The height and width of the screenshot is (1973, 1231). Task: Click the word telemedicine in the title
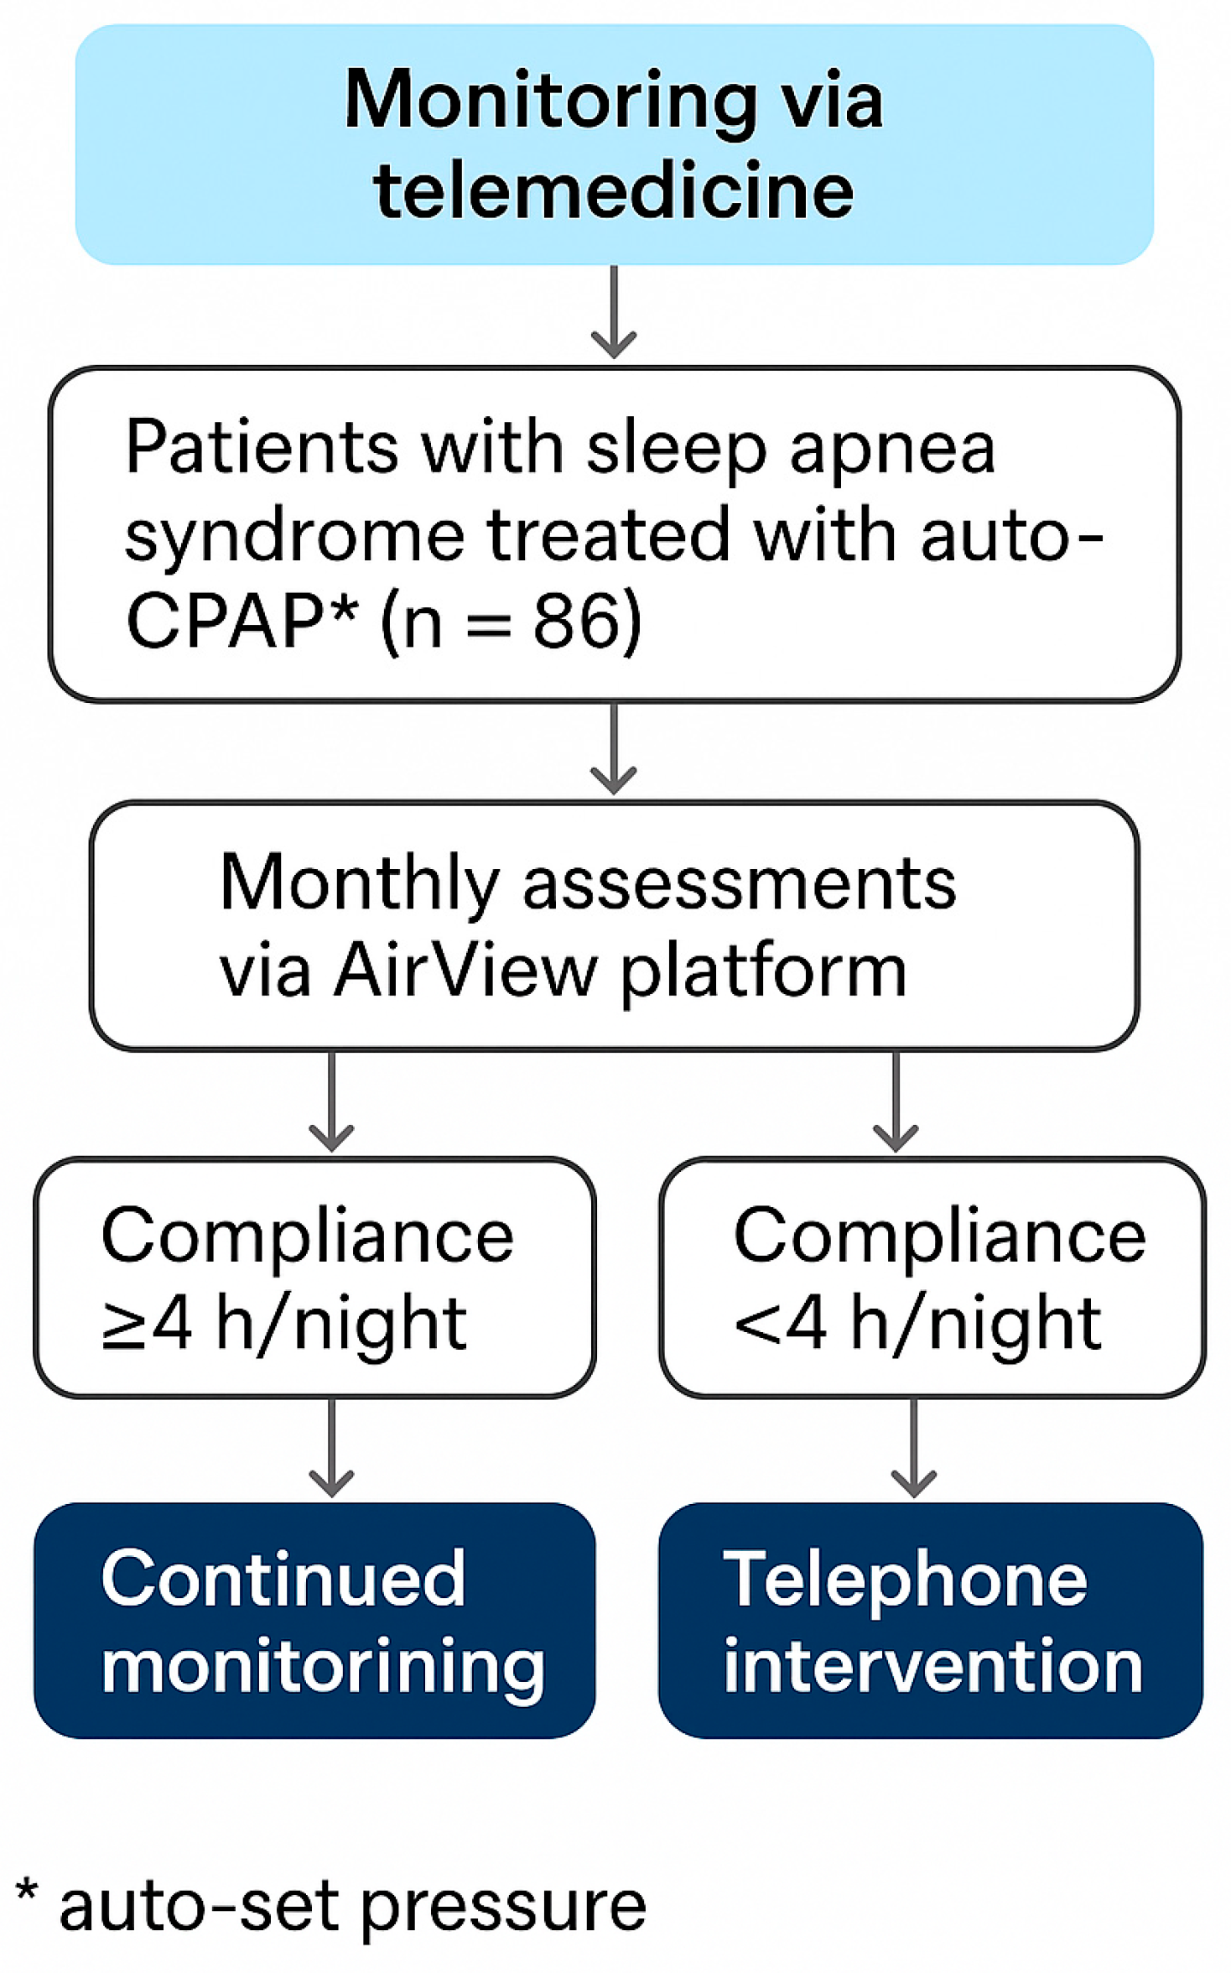(614, 190)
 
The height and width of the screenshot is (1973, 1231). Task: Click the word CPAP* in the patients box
(242, 621)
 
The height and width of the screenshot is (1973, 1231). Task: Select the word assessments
(739, 887)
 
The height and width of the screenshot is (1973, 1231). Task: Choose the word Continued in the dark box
(283, 1579)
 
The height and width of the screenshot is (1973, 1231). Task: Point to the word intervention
(933, 1667)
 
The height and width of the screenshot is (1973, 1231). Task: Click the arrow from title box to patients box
(614, 312)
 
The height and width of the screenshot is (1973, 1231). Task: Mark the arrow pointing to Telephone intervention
(913, 1447)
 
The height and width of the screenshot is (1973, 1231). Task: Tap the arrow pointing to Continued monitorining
(331, 1447)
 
